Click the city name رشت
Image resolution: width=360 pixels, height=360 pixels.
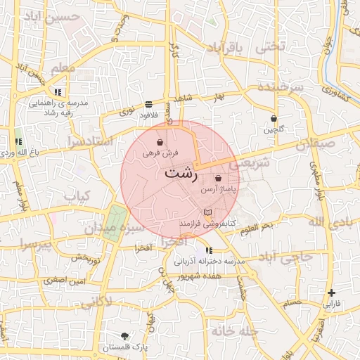(181, 172)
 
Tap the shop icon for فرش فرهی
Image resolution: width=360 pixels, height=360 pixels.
(161, 142)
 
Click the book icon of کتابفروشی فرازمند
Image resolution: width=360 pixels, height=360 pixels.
(207, 212)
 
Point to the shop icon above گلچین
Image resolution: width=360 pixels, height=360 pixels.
(274, 118)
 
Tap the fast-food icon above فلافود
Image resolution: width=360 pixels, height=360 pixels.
(148, 103)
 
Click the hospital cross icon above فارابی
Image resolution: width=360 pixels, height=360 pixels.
(332, 292)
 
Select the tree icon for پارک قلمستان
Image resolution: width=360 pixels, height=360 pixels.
(124, 335)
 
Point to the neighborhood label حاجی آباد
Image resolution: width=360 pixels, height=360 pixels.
(285, 257)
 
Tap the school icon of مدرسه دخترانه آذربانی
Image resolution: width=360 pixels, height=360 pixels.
(209, 250)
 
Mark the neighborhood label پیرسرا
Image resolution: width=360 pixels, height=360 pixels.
(36, 246)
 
